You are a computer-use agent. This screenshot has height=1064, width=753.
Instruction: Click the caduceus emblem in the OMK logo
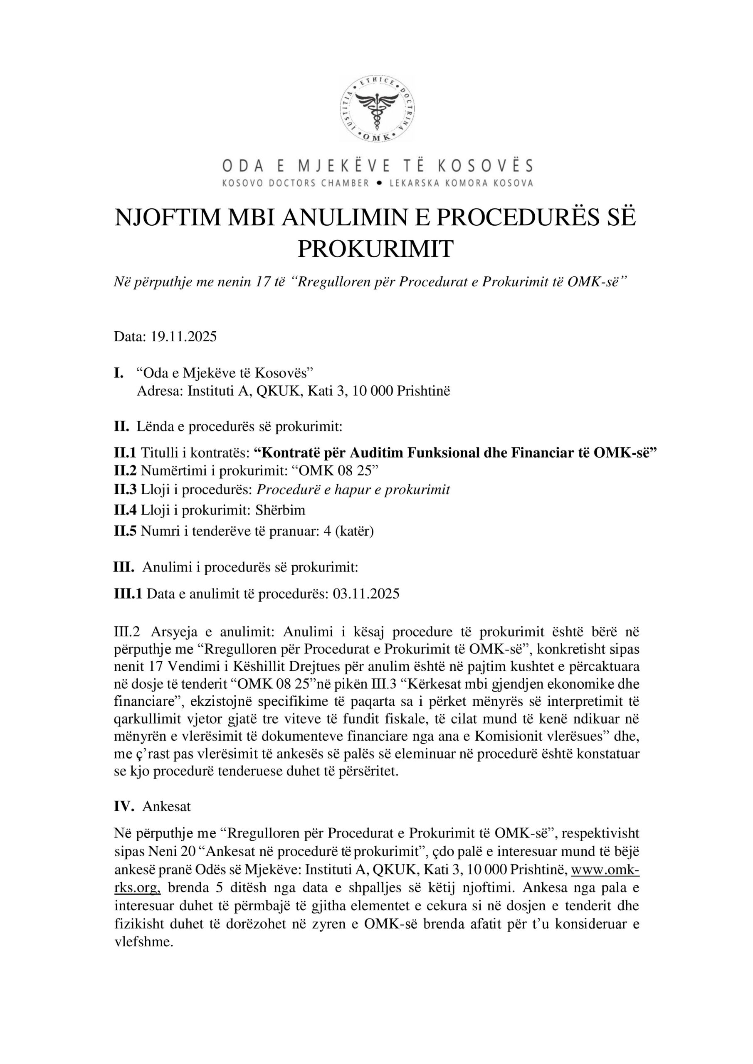(x=377, y=109)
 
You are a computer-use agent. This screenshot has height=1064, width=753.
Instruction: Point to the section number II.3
(x=125, y=490)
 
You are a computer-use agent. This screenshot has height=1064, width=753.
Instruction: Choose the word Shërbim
(x=280, y=510)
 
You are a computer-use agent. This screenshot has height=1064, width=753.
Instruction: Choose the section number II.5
(x=125, y=531)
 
